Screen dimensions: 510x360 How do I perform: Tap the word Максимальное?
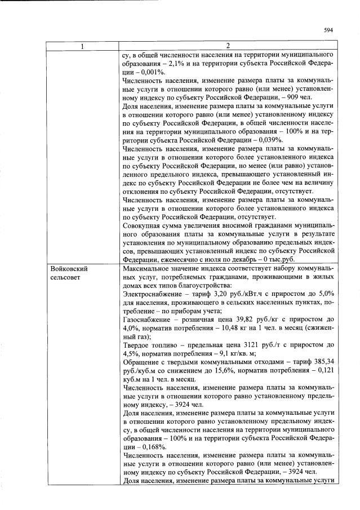click(x=148, y=269)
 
